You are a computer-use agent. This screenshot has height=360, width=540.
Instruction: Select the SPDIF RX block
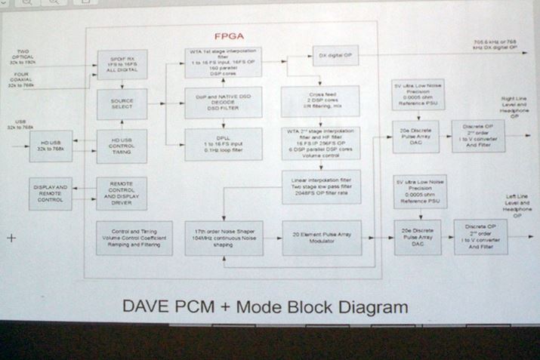122,65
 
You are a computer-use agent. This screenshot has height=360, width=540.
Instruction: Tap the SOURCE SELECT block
122,104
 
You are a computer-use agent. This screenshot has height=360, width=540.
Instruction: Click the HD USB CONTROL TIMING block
122,145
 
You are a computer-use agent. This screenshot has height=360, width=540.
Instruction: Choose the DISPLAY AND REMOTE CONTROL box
51,192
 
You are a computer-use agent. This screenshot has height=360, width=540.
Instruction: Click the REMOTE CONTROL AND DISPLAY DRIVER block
122,193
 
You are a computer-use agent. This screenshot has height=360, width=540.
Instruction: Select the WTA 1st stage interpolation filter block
223,62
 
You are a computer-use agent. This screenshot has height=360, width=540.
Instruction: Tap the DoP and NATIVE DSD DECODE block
223,103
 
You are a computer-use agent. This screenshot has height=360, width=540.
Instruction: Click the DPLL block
223,143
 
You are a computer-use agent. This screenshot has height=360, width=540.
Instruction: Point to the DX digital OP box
335,55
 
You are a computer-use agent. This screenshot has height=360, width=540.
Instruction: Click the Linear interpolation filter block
321,186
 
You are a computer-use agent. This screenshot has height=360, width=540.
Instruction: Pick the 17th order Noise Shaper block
223,238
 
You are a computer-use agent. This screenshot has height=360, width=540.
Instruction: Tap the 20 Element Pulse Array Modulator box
322,237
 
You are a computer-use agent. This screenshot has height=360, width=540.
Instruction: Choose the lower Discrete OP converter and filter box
480,237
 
